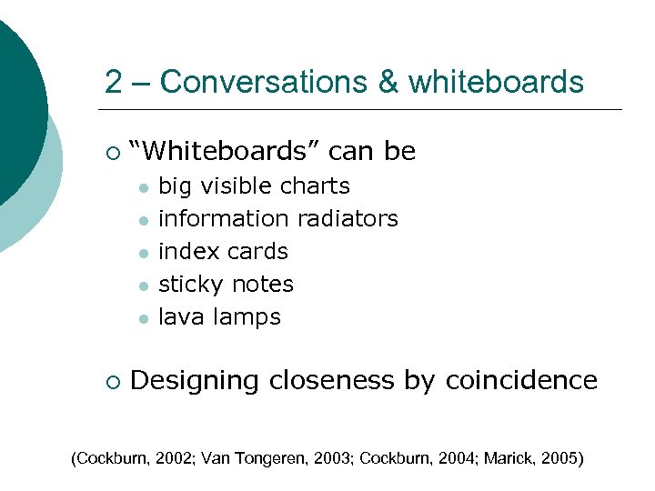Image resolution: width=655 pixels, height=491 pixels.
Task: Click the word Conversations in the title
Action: click(x=261, y=83)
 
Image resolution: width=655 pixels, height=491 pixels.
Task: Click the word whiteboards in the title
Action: click(x=497, y=83)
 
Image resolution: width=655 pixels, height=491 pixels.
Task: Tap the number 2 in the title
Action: click(x=113, y=83)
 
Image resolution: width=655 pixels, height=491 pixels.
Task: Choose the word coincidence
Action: click(x=521, y=380)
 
